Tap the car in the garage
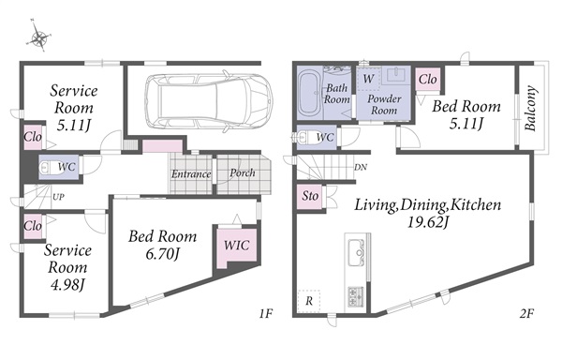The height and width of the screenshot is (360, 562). tap(209, 99)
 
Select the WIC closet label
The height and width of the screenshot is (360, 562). tap(237, 246)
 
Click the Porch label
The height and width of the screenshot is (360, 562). tap(243, 172)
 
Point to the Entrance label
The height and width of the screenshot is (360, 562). tap(191, 174)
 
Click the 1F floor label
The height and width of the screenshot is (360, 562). tap(266, 314)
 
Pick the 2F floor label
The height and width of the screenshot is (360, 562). tap(526, 314)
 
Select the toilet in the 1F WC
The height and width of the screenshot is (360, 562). tap(50, 167)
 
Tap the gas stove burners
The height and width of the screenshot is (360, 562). tap(356, 297)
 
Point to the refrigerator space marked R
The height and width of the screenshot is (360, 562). tap(309, 301)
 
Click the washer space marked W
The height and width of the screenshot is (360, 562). tap(368, 79)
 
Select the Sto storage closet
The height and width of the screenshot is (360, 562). tap(310, 196)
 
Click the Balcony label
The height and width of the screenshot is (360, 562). tap(530, 109)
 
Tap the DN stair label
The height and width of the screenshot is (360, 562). tap(361, 167)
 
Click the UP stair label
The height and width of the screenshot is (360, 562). tap(58, 197)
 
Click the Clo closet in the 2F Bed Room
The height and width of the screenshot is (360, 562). tap(428, 80)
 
